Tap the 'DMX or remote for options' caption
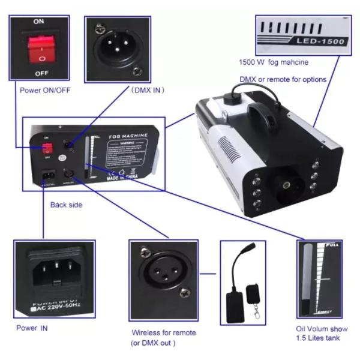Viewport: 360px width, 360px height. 283,79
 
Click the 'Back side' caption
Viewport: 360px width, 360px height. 67,205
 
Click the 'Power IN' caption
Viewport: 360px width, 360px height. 32,328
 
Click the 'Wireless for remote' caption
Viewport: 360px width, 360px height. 163,332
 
